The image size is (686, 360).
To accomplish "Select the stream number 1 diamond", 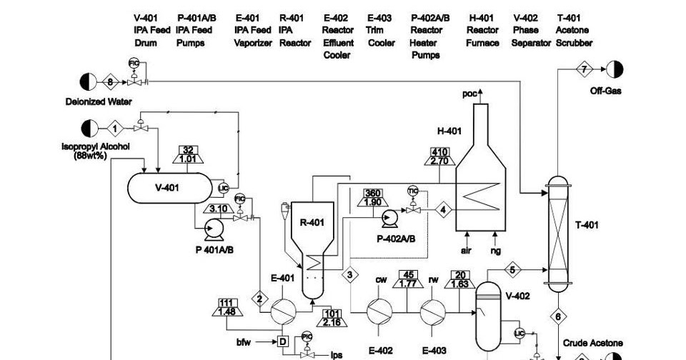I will pos(114,129).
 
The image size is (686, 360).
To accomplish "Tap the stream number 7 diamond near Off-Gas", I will pos(584,69).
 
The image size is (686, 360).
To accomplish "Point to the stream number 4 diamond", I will pos(444,210).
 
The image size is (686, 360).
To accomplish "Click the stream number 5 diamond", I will pos(513,270).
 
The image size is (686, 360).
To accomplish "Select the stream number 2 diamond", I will pos(259,299).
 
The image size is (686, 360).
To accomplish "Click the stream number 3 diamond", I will pos(350,274).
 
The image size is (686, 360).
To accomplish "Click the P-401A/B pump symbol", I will pos(213,229).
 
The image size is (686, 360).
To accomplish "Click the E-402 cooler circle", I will pos(379,311).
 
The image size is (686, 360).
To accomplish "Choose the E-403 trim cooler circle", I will pos(433,311).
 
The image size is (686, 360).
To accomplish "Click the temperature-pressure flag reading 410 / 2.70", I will pos(439,156).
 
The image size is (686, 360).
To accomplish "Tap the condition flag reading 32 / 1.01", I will pos(188,154).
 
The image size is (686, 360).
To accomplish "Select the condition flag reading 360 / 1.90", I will pos(372,197).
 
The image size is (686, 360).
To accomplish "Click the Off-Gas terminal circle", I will pos(615,69).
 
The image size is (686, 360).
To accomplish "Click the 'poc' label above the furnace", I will pos(469,94).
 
